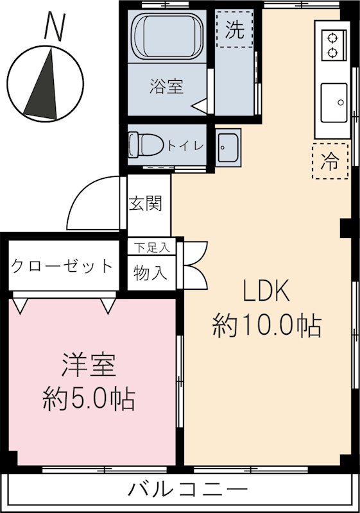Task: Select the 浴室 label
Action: click(x=167, y=87)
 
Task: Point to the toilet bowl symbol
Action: click(x=144, y=145)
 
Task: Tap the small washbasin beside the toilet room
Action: click(x=228, y=149)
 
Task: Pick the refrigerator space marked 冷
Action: click(x=329, y=161)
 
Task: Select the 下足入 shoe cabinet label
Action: click(x=151, y=246)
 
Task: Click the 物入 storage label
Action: click(x=151, y=273)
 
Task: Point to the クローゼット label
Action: click(x=62, y=266)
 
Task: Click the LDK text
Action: click(x=266, y=293)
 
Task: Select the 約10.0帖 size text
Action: click(x=266, y=326)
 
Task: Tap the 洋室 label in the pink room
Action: click(x=89, y=366)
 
